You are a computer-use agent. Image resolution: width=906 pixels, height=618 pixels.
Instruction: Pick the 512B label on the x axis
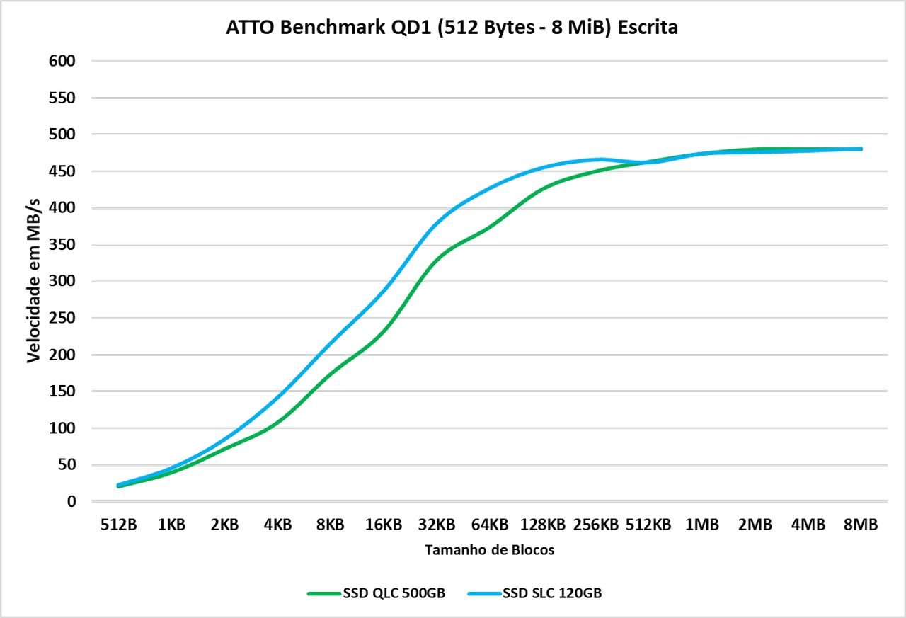(118, 525)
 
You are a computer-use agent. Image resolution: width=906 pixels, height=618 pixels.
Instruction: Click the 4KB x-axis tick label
(277, 525)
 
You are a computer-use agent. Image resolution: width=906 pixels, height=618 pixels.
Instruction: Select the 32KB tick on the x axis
(436, 525)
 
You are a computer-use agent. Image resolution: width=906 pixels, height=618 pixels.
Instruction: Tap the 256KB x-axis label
(595, 525)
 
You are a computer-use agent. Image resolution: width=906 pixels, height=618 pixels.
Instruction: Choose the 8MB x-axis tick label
(861, 525)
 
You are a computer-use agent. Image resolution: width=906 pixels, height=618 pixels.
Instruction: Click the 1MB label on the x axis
(701, 525)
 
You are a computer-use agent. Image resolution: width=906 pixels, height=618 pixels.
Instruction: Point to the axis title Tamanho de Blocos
(489, 550)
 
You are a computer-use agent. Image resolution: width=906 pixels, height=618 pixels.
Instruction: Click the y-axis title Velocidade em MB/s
(33, 281)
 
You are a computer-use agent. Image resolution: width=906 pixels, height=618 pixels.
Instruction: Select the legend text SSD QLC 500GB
(394, 593)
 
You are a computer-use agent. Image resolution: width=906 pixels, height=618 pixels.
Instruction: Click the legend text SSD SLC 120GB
(552, 593)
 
